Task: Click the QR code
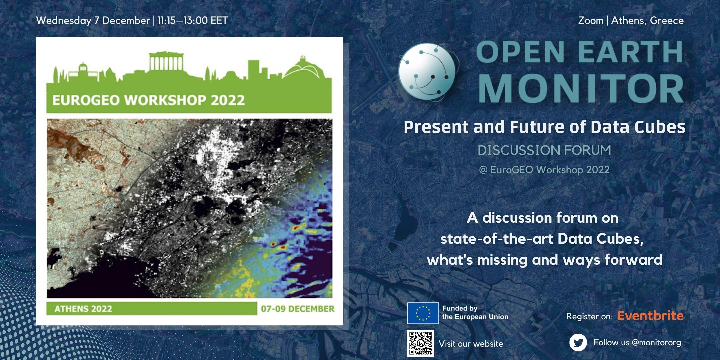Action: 421,343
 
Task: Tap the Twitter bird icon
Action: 578,343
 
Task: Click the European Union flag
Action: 423,313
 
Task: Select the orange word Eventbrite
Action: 650,315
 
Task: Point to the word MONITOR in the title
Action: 581,88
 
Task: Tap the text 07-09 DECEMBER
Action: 298,309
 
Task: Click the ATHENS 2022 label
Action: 83,309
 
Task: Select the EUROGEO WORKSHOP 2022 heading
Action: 149,100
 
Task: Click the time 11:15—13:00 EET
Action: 192,21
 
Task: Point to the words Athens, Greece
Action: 647,21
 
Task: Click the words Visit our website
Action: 471,344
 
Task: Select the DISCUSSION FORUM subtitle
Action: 544,150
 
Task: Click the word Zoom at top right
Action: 591,21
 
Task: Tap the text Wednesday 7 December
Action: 93,21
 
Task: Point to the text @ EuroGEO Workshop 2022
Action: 544,170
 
